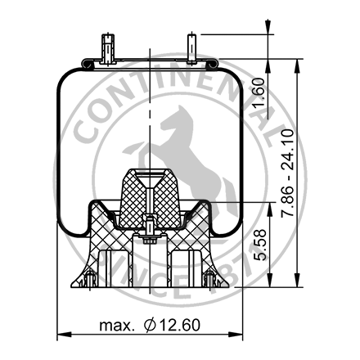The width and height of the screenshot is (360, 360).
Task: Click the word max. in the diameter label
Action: (118, 326)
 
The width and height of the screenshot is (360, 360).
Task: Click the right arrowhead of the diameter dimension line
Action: (241, 333)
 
